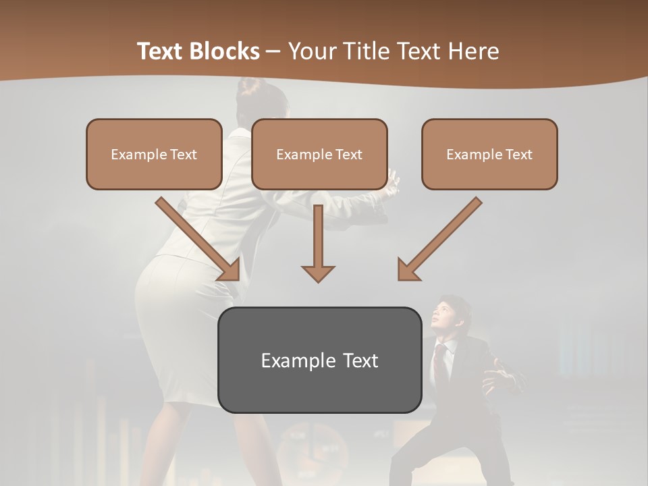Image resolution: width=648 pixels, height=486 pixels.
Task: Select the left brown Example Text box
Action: click(x=154, y=154)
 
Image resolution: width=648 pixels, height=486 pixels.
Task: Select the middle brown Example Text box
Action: click(x=319, y=154)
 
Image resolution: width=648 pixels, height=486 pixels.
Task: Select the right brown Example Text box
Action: click(x=489, y=154)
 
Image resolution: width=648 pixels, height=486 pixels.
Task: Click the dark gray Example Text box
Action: click(x=319, y=360)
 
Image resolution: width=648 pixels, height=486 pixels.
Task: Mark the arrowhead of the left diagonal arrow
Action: click(x=230, y=270)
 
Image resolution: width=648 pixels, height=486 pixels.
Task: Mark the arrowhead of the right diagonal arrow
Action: click(x=408, y=270)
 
